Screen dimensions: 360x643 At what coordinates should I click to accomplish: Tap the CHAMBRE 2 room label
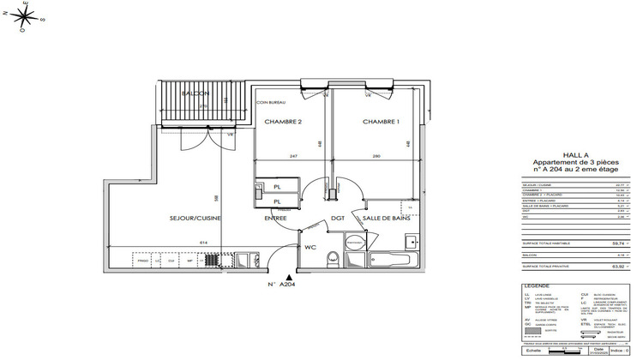283,122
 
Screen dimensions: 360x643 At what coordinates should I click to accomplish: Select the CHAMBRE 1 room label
381,122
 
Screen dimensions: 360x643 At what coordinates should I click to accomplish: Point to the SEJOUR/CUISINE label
195,219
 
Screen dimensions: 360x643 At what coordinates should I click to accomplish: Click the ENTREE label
275,219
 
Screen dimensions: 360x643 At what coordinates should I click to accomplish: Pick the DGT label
338,219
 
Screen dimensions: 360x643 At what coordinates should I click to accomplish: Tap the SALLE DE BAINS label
386,219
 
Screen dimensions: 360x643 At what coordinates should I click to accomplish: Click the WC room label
311,247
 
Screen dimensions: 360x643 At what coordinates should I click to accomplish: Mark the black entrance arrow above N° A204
291,278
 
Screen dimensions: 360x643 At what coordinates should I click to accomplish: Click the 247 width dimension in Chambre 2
292,156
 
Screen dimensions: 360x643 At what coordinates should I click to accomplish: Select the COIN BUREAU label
270,102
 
